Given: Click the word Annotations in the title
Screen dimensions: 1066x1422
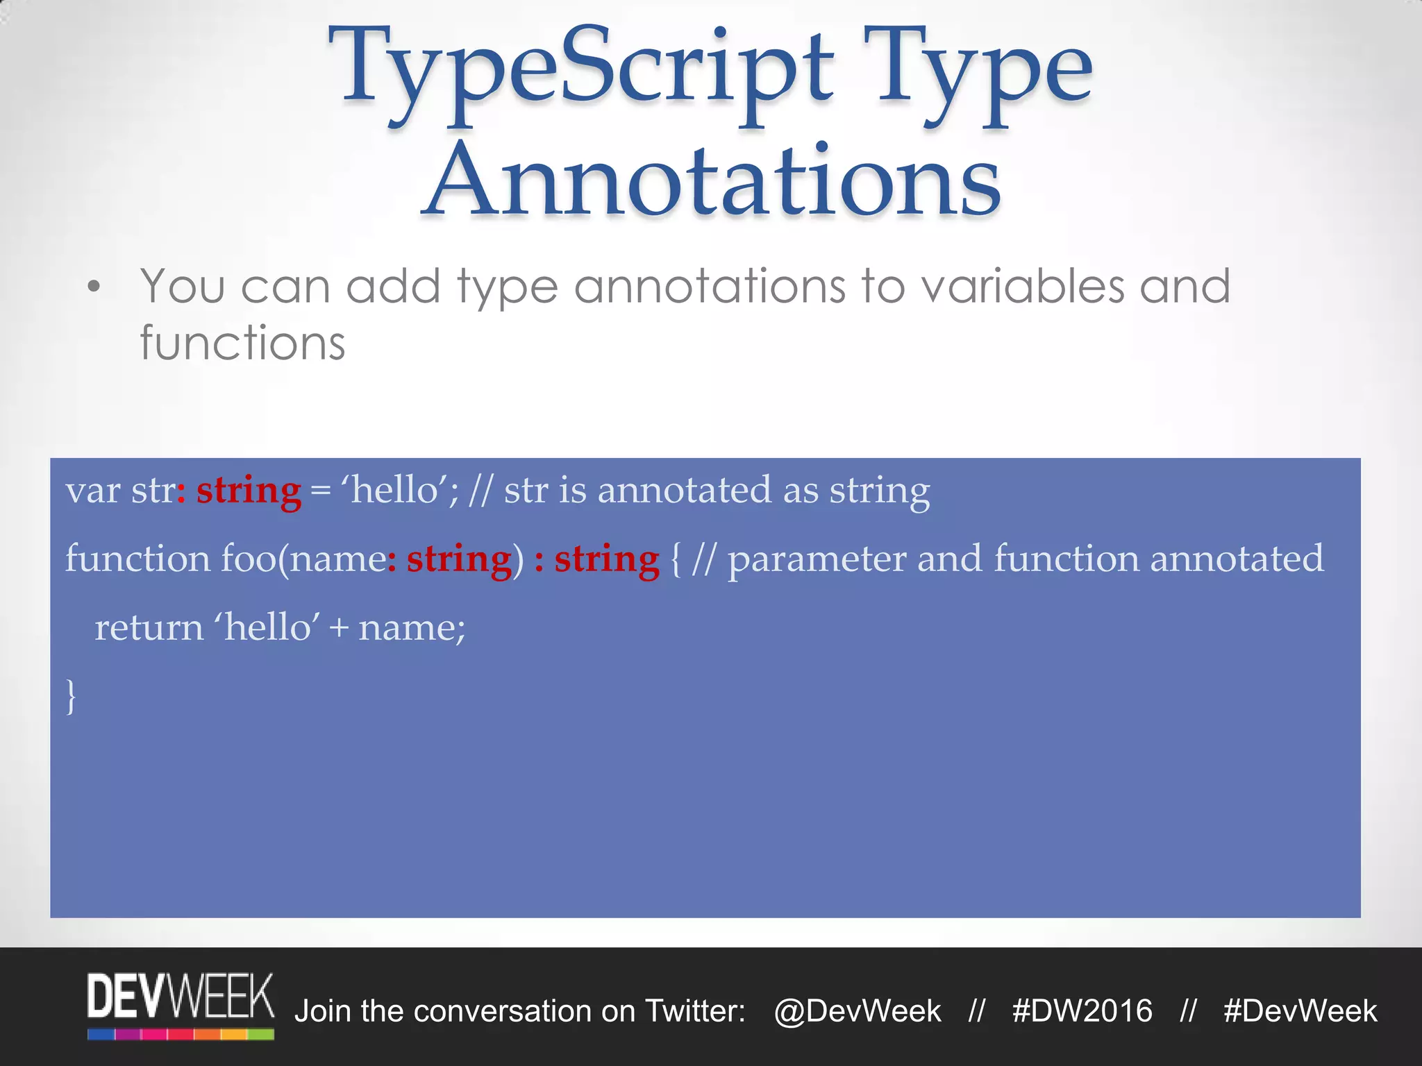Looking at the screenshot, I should click(x=712, y=182).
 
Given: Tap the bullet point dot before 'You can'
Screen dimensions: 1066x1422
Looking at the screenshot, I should click(x=94, y=287).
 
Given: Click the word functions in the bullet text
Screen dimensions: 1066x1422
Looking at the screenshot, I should click(x=242, y=344).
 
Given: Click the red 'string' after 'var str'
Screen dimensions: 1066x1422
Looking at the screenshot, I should click(x=249, y=491).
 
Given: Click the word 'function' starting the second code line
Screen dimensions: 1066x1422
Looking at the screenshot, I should click(x=137, y=559).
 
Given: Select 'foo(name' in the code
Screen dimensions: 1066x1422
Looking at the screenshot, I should click(x=303, y=559).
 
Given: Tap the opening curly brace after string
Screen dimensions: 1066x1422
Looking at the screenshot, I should click(x=676, y=559).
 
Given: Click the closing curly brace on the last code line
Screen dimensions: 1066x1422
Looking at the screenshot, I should click(x=70, y=696).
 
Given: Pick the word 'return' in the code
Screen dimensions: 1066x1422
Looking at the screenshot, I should click(x=149, y=628).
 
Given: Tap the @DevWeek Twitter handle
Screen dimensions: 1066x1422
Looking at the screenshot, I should click(x=858, y=1011).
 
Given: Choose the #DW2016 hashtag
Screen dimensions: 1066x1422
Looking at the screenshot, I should click(x=1082, y=1011).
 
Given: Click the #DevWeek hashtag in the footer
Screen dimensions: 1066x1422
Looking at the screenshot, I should click(x=1300, y=1011).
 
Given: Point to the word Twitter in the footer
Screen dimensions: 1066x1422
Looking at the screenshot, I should click(x=694, y=1011).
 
